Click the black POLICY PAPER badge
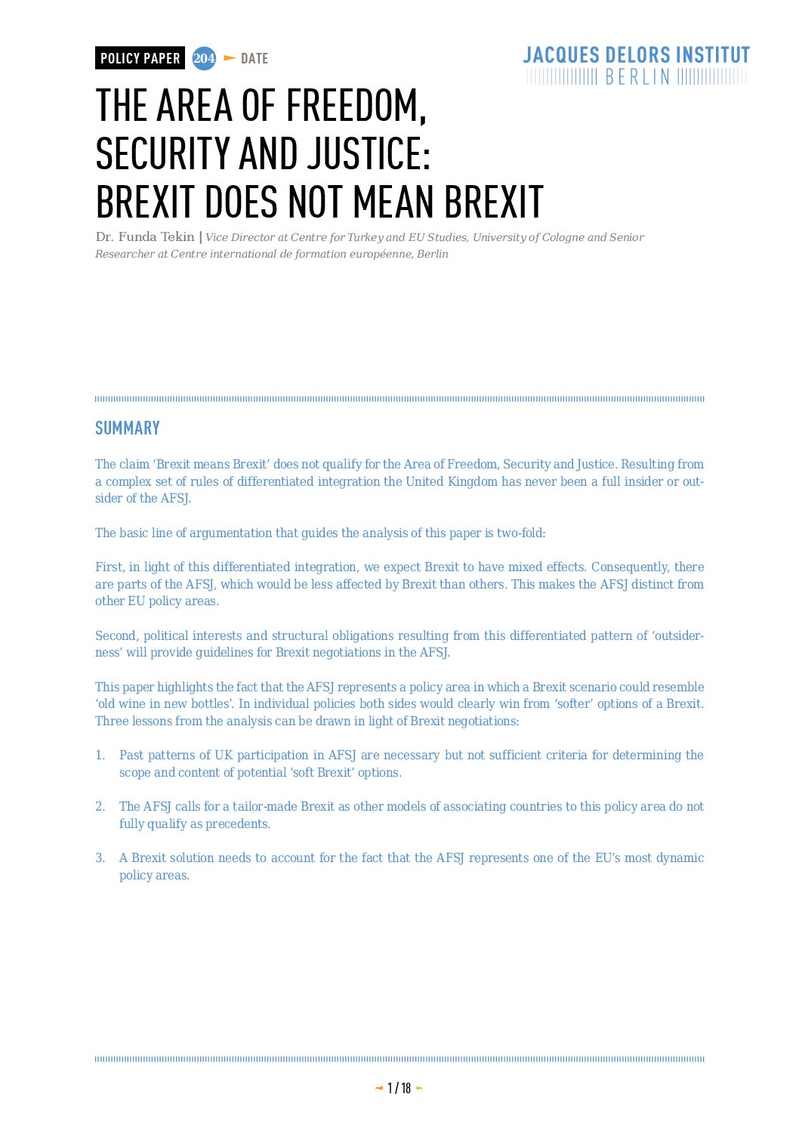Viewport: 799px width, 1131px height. (140, 58)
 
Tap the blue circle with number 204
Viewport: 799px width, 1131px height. (204, 58)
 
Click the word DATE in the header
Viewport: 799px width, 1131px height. (255, 59)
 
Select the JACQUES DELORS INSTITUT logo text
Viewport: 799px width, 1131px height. (636, 55)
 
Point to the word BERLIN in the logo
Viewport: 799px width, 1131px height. (637, 77)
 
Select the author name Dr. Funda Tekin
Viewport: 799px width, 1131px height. (145, 237)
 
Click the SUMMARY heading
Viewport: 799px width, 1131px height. (128, 428)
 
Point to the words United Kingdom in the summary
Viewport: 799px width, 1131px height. (452, 481)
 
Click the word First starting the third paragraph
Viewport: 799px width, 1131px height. (109, 567)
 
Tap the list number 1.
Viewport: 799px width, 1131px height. (100, 756)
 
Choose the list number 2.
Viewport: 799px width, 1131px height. (100, 807)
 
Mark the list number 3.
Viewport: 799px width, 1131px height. (100, 858)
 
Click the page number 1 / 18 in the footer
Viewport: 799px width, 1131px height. (399, 1088)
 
